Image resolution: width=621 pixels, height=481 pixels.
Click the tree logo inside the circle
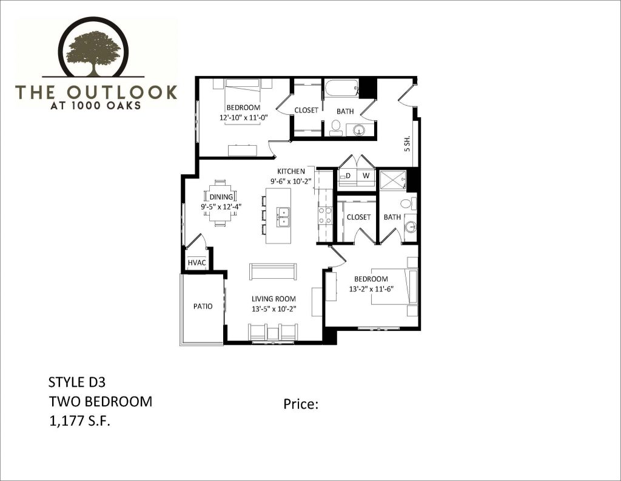pos(94,53)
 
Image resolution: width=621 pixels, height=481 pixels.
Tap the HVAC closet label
pos(197,262)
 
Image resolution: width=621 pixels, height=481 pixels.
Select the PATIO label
pos(203,306)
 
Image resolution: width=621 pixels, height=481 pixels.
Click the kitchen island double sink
pos(283,217)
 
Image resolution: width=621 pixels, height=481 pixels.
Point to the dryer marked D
pos(347,176)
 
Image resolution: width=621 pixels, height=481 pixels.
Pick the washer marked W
pos(366,176)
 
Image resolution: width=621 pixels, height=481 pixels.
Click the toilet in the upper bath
pos(336,126)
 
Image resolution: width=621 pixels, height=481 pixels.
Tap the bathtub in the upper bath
pos(342,89)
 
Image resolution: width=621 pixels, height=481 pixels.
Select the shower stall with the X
pos(392,180)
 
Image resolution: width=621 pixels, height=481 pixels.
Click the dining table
pos(221,203)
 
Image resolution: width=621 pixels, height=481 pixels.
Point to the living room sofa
pos(273,271)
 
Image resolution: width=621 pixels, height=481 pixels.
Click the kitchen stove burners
pos(325,216)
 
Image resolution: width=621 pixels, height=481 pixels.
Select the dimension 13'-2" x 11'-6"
pos(371,289)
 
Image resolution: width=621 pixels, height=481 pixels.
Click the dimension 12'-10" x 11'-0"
pos(244,117)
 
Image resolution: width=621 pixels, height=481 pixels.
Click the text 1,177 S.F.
pos(79,421)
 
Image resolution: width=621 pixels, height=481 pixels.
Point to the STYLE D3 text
pos(77,382)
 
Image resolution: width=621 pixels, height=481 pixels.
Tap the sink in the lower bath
pos(411,227)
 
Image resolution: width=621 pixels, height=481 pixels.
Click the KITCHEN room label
pos(291,171)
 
